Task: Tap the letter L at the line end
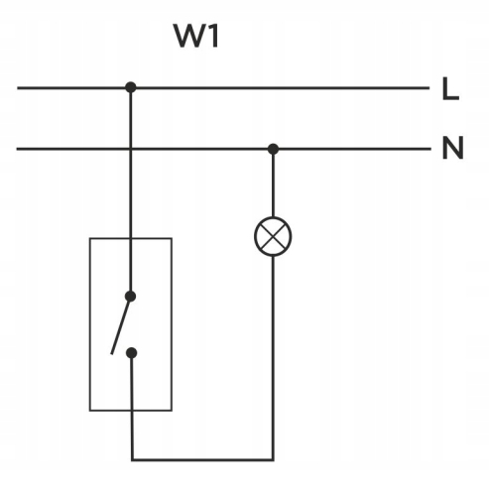[x=450, y=90]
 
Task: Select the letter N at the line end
[x=452, y=151]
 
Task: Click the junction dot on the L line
[x=130, y=87]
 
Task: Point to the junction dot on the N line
[x=273, y=149]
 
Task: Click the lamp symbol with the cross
[x=273, y=239]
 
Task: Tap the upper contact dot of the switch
[x=130, y=296]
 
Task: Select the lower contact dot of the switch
[x=130, y=351]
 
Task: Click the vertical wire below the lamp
[x=273, y=357]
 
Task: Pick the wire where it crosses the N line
[x=130, y=149]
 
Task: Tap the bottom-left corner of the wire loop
[x=131, y=459]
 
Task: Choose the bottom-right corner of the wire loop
[x=273, y=459]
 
